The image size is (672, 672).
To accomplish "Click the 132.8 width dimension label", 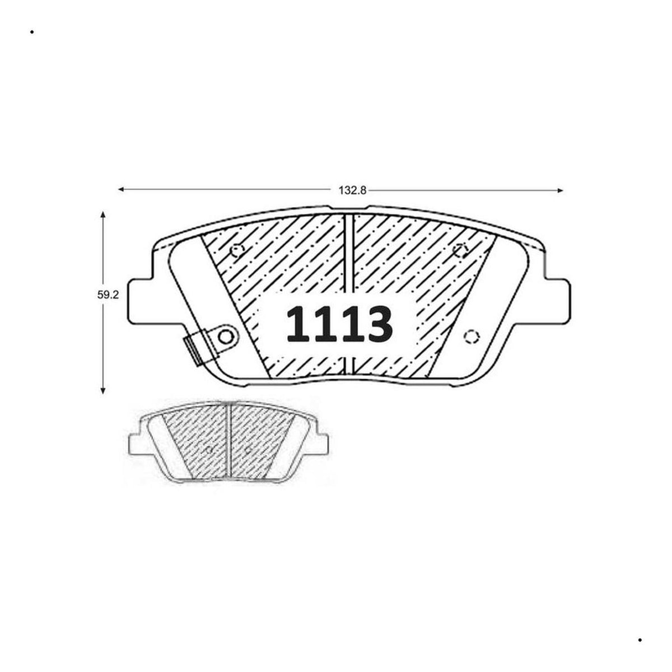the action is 352,190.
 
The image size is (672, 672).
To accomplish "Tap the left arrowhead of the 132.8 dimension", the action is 122,189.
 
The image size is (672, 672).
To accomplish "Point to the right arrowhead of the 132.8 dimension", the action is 560,190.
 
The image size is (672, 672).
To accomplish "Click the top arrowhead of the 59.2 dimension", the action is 102,214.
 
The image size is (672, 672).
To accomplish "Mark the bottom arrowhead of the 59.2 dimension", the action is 102,390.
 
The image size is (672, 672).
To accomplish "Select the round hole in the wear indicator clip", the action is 226,337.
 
